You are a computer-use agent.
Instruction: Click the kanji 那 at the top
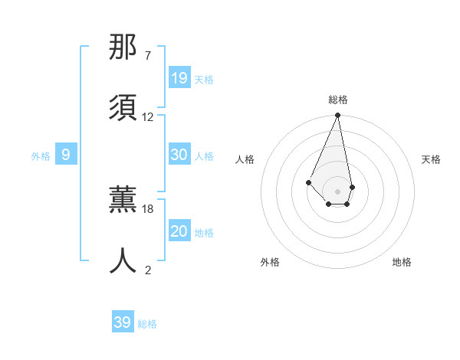click(123, 47)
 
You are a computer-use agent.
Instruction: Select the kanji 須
click(123, 106)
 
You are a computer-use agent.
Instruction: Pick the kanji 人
click(123, 260)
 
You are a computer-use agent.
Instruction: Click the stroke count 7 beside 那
click(147, 55)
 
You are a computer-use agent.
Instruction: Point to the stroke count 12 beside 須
click(148, 116)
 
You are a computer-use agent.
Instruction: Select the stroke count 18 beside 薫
click(148, 208)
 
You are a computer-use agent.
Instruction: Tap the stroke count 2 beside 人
click(148, 270)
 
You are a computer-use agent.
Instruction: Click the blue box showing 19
click(179, 77)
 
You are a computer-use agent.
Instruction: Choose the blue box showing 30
click(179, 155)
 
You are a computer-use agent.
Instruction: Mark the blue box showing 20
click(179, 231)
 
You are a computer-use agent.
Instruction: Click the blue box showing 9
click(66, 155)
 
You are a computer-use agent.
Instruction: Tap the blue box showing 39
click(123, 322)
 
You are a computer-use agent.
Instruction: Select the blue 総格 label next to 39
click(147, 324)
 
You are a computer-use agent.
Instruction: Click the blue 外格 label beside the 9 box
click(41, 156)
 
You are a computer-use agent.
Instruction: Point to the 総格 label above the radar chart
click(338, 100)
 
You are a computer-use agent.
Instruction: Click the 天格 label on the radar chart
click(432, 159)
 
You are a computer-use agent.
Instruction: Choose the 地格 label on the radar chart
click(402, 262)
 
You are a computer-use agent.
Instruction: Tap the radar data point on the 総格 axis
click(337, 116)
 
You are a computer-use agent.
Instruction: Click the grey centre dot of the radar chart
click(337, 191)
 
